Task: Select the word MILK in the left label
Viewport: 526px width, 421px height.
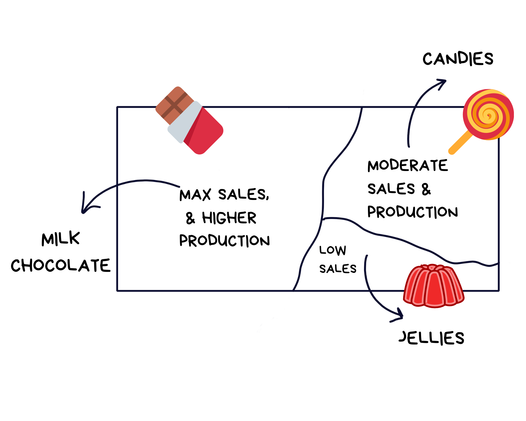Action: pos(60,239)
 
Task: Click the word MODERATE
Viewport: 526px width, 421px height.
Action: pos(408,166)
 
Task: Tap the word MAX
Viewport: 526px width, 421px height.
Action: pos(195,195)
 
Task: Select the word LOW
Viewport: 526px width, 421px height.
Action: pos(333,250)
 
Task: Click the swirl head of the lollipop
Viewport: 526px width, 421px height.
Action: pos(488,115)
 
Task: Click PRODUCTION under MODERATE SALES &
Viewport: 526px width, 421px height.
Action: pos(412,212)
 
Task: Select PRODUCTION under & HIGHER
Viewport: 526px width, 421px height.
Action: pos(224,240)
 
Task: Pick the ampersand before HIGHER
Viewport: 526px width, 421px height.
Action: pos(190,218)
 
